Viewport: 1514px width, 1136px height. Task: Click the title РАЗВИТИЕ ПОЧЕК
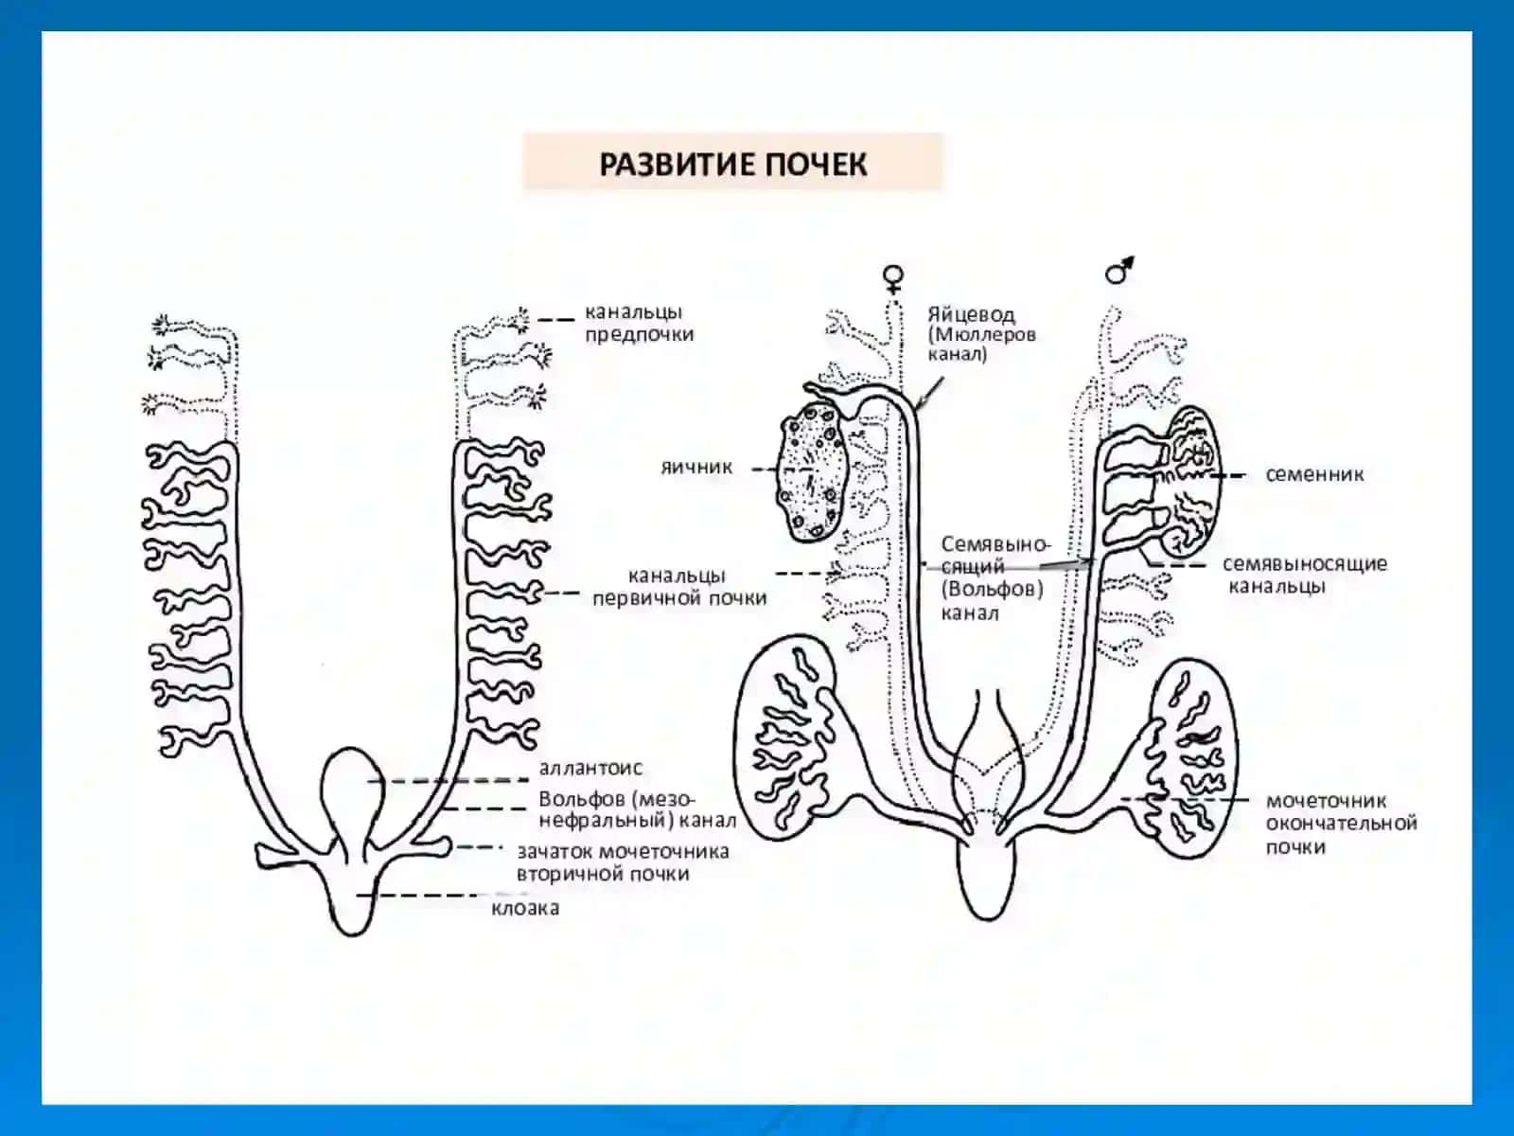(x=733, y=164)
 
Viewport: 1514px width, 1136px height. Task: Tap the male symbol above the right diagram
(x=1118, y=271)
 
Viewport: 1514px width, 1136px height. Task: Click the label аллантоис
(x=590, y=768)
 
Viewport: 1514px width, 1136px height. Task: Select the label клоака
(x=525, y=909)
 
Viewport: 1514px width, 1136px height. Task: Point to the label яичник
(x=696, y=467)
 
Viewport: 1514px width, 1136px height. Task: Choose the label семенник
(x=1314, y=474)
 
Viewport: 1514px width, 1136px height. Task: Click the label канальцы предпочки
(x=640, y=323)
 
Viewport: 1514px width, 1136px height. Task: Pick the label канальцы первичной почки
(x=679, y=586)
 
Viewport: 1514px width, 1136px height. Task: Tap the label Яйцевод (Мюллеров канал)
(x=981, y=334)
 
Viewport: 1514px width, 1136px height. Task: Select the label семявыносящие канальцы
(x=1305, y=575)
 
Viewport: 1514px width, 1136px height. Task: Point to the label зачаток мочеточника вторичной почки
(x=623, y=862)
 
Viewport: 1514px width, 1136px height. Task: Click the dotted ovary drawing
(x=811, y=473)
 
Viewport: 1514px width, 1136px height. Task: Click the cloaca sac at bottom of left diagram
(x=352, y=896)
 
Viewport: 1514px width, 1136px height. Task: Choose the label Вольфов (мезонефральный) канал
(x=638, y=809)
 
